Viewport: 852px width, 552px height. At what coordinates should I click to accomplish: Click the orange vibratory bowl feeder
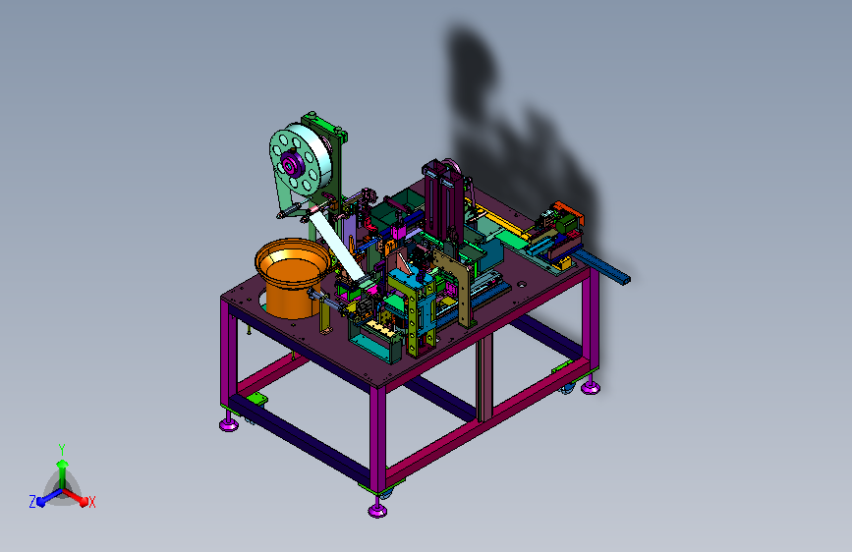click(292, 278)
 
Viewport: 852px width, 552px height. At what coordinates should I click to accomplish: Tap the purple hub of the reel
click(289, 163)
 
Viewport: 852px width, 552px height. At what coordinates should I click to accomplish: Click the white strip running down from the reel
click(337, 245)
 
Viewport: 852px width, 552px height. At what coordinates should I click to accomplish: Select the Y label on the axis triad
click(62, 449)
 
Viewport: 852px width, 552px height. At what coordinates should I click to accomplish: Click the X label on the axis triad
click(91, 502)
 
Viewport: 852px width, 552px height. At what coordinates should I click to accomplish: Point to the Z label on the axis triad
click(32, 502)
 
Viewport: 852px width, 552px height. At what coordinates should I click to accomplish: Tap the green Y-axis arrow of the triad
click(63, 472)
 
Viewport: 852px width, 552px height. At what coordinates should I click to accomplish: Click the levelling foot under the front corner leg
click(377, 509)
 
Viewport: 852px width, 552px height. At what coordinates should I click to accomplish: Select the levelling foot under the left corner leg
click(229, 423)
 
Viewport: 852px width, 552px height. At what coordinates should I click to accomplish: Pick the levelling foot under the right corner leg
click(591, 386)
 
